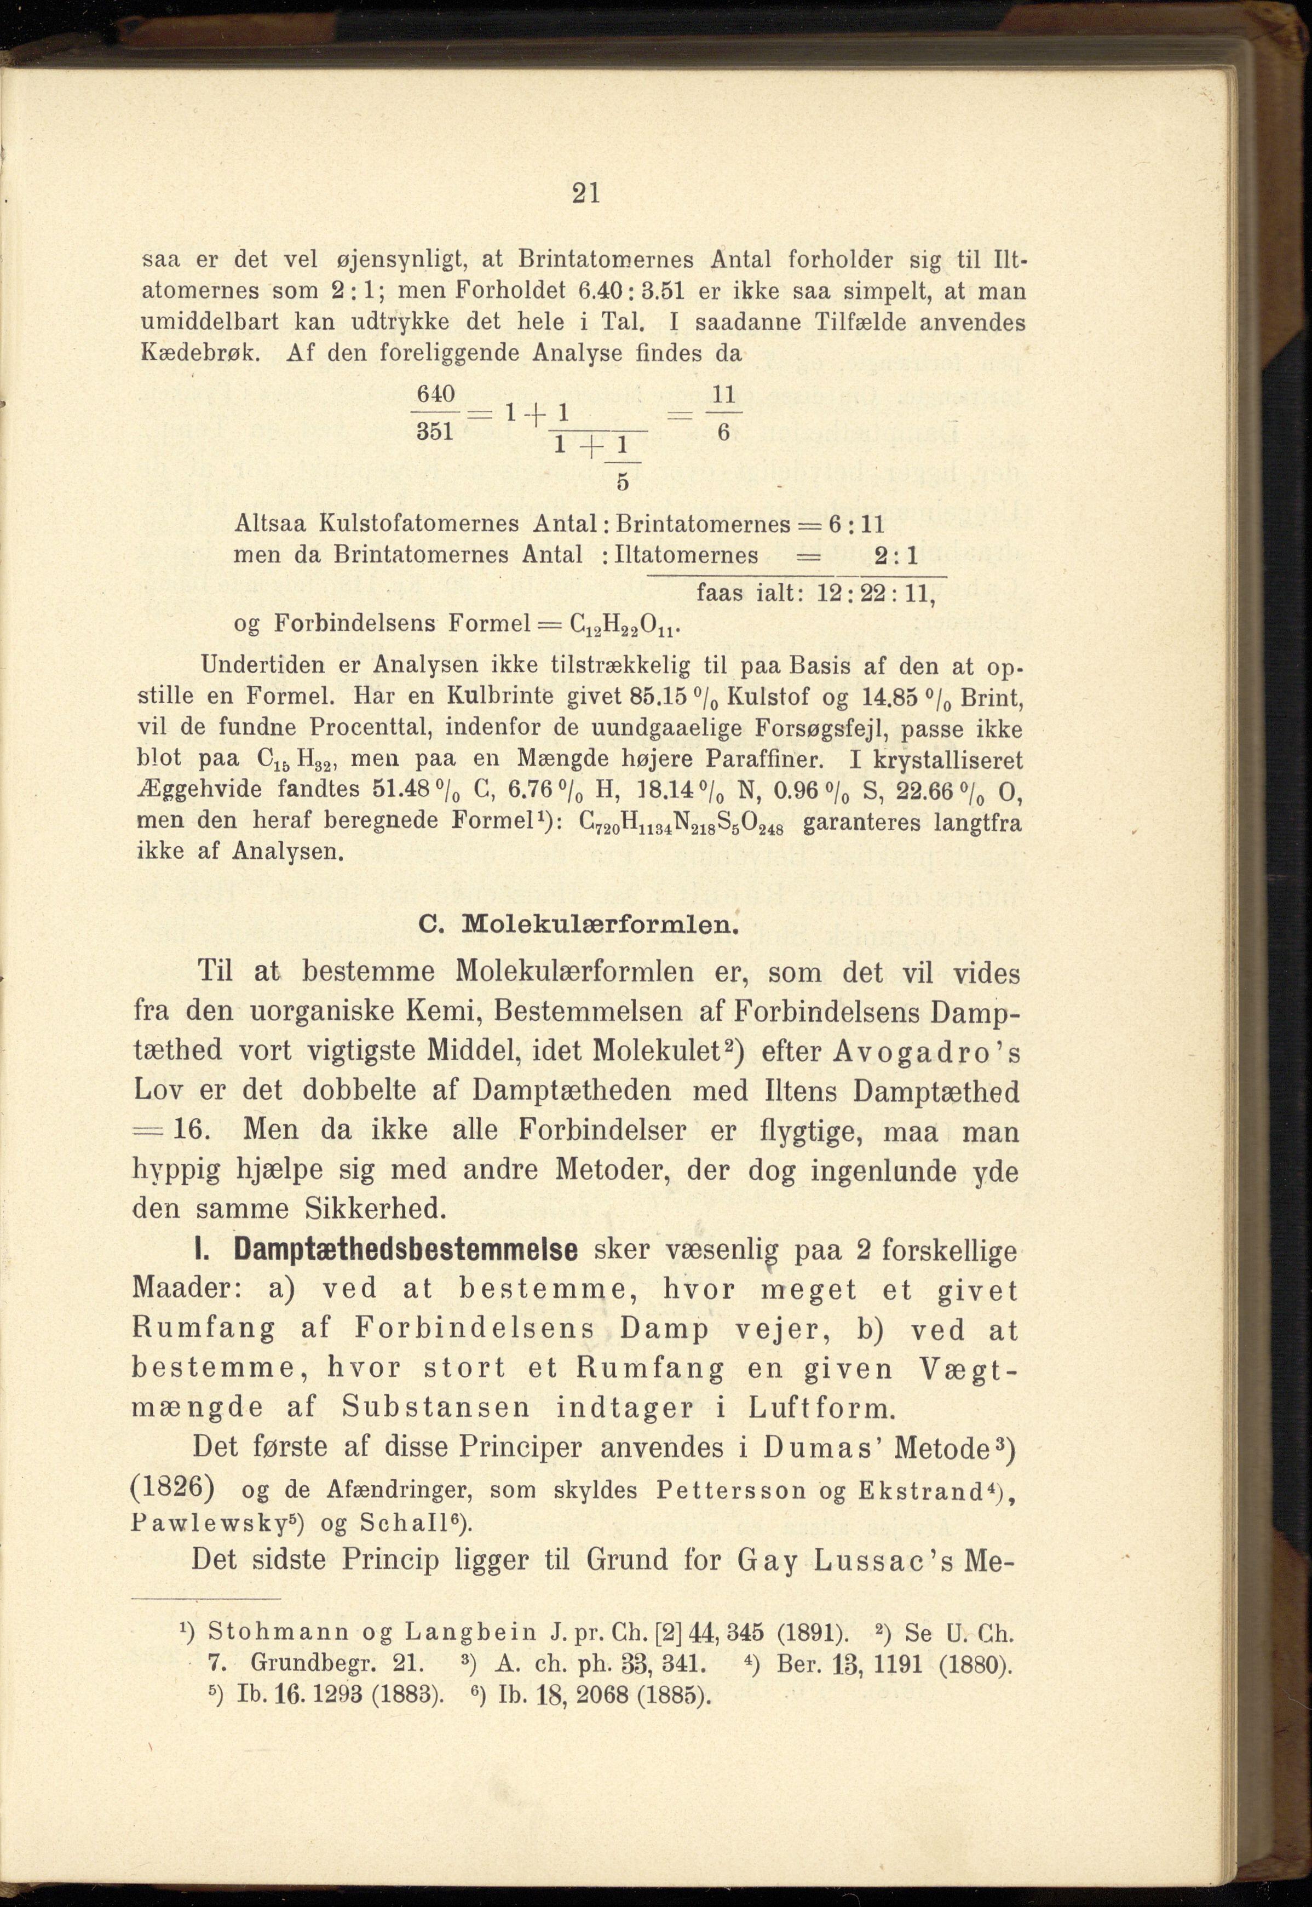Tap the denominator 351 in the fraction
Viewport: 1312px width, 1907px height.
pos(435,432)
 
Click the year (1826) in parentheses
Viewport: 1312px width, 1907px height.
pos(174,1487)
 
